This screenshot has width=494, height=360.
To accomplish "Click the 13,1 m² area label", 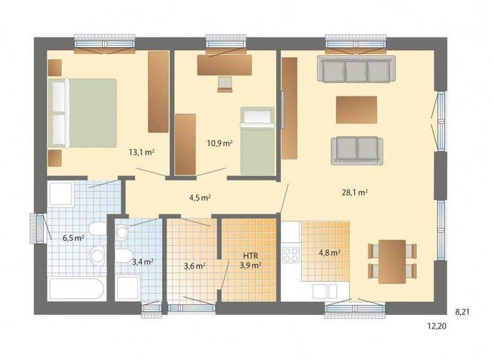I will [x=141, y=153].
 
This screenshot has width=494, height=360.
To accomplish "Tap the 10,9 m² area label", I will [x=219, y=143].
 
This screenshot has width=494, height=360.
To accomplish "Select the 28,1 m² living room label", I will [x=354, y=192].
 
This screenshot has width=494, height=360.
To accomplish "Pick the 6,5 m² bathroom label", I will [x=73, y=238].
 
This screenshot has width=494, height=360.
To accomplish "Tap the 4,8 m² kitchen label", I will [x=330, y=253].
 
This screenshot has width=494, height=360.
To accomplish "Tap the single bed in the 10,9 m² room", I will [x=257, y=140].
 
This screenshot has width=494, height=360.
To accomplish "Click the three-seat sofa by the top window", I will [x=355, y=69].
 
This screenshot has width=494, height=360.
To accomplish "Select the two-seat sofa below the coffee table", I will [x=356, y=150].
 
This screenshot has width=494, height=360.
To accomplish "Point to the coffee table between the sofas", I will [x=356, y=109].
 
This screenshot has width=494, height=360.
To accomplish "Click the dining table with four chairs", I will [x=392, y=261].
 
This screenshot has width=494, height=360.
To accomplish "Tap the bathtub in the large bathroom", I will [x=77, y=289].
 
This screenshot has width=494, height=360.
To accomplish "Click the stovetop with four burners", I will [x=291, y=252].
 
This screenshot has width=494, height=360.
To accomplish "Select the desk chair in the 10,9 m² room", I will [x=224, y=84].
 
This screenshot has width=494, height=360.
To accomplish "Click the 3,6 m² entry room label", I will [x=194, y=265].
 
